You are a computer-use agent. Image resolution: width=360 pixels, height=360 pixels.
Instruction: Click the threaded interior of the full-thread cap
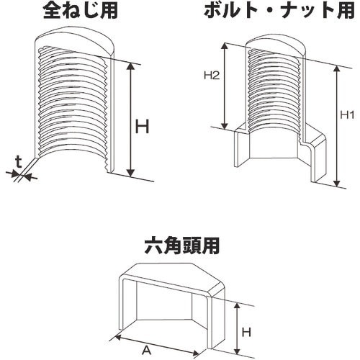pyautogui.click(x=72, y=108)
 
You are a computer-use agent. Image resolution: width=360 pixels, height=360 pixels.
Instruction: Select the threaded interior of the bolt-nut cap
pyautogui.click(x=274, y=90)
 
